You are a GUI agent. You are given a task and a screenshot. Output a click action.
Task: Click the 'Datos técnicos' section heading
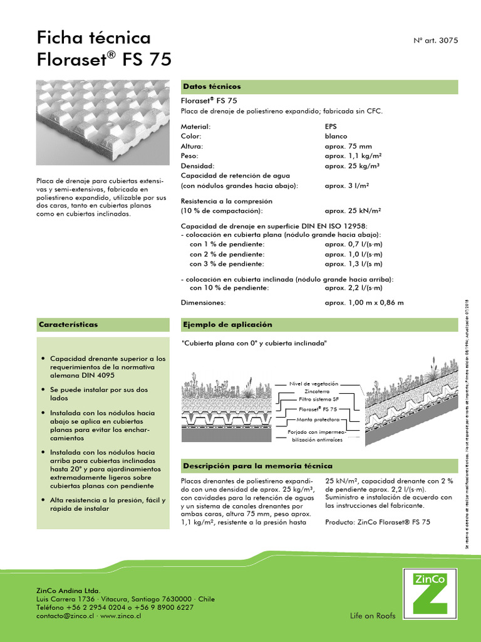211,87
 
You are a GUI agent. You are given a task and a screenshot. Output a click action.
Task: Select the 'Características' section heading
68,325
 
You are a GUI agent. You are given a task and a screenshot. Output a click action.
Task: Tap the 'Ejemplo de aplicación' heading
227,325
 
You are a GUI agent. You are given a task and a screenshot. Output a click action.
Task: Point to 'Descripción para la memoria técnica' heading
257,466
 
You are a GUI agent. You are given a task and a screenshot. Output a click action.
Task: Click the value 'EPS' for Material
330,126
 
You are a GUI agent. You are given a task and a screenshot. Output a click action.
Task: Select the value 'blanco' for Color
335,136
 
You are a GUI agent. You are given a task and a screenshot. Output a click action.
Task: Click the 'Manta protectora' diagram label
318,419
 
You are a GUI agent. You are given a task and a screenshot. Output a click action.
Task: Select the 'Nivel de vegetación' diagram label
313,383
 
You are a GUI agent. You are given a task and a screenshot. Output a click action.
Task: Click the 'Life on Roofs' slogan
373,616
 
